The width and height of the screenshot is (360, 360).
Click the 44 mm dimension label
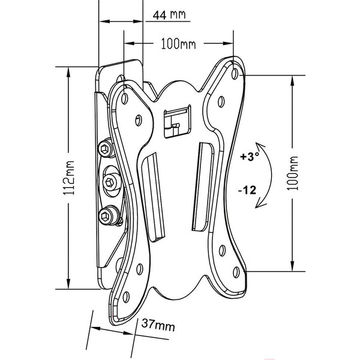click(x=169, y=15)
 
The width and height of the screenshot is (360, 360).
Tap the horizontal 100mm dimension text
click(x=178, y=44)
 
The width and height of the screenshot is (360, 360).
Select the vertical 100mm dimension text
click(x=293, y=173)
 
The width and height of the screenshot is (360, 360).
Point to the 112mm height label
click(x=68, y=178)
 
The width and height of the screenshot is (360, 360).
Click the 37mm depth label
click(x=158, y=325)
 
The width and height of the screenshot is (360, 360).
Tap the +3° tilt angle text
click(x=250, y=157)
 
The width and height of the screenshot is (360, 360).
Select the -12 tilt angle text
click(x=247, y=190)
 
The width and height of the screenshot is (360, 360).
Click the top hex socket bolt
click(x=106, y=148)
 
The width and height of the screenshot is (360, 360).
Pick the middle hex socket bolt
click(x=110, y=182)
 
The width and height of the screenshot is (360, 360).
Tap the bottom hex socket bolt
click(x=107, y=215)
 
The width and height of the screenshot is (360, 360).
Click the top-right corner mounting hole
click(x=235, y=74)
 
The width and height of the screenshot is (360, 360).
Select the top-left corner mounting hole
click(x=124, y=98)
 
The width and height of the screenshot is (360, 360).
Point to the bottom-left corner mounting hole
click(x=126, y=297)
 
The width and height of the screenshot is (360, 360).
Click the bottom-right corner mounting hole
click(x=236, y=272)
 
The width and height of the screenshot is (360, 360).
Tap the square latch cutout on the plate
click(x=177, y=121)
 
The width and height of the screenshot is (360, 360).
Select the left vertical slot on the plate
click(x=152, y=197)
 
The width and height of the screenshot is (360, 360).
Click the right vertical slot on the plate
click(x=203, y=187)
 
